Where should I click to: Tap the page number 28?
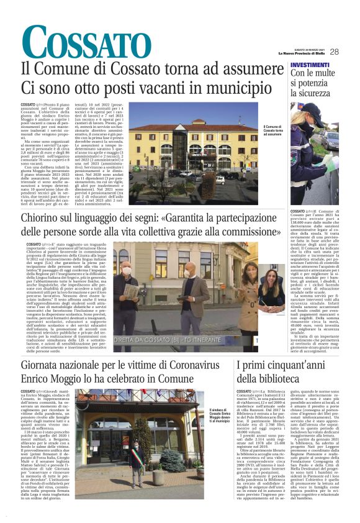tap(335, 52)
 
